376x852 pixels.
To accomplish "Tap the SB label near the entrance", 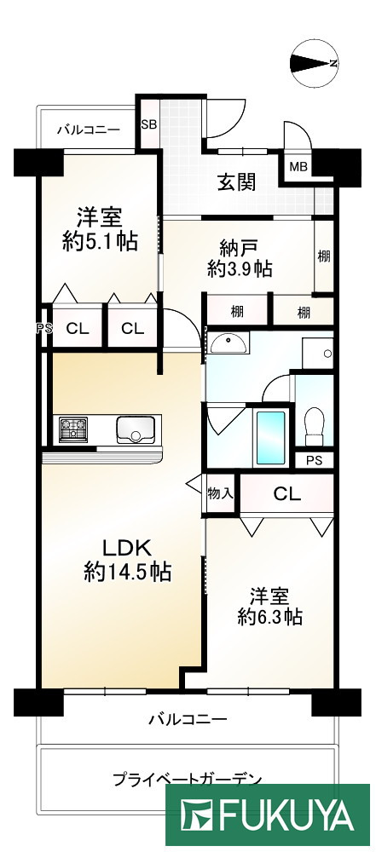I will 148,124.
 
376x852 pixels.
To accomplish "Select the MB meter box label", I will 298,166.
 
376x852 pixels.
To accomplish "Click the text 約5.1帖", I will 98,241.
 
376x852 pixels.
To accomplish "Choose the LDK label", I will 128,547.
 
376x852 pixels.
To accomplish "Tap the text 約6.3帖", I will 269,616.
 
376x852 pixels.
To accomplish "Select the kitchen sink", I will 134,429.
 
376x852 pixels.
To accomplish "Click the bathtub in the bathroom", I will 270,436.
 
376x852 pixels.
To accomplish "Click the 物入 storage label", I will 220,493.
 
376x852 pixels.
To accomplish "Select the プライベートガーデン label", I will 185,778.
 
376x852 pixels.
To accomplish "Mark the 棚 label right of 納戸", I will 324,256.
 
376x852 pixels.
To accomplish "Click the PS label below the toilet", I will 314,460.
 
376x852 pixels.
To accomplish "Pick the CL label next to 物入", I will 286,493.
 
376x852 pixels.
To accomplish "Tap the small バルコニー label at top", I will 88,130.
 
